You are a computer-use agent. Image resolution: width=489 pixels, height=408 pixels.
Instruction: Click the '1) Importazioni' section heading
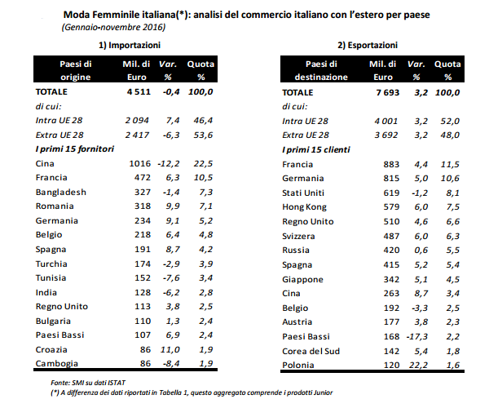(x=130, y=45)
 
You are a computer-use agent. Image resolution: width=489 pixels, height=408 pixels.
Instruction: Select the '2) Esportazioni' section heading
(x=368, y=45)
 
